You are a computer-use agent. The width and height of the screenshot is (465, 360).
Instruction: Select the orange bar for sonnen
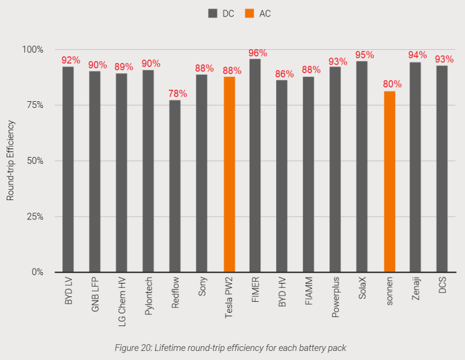pyautogui.click(x=389, y=182)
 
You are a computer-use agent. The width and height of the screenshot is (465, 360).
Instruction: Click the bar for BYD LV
pyautogui.click(x=68, y=170)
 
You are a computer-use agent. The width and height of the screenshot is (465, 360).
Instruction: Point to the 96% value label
pyautogui.click(x=257, y=53)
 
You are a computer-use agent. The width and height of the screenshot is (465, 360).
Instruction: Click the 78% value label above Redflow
pyautogui.click(x=177, y=94)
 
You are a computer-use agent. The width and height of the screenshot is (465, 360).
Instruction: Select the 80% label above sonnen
pyautogui.click(x=392, y=84)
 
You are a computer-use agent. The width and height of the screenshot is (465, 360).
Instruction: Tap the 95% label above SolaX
pyautogui.click(x=364, y=55)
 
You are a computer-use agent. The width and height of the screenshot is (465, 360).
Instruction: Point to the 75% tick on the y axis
pyautogui.click(x=33, y=105)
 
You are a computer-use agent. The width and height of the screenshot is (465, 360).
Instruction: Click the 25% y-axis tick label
pyautogui.click(x=33, y=216)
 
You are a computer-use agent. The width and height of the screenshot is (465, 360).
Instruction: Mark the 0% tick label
pyautogui.click(x=36, y=272)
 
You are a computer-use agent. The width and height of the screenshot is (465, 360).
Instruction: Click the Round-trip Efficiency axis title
pyautogui.click(x=10, y=161)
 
